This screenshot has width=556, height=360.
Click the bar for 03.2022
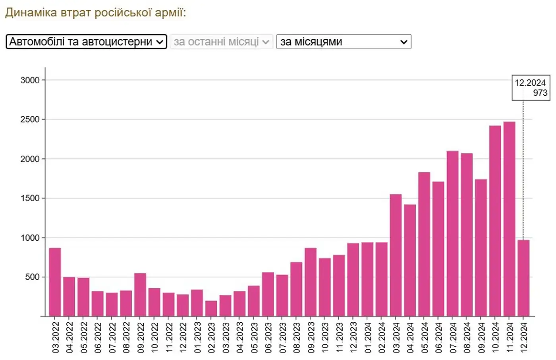pyautogui.click(x=55, y=282)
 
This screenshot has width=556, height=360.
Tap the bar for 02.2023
pyautogui.click(x=211, y=308)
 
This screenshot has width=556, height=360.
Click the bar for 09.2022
pyautogui.click(x=140, y=295)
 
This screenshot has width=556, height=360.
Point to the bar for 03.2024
pyautogui.click(x=396, y=255)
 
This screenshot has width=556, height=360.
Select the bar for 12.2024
pyautogui.click(x=523, y=278)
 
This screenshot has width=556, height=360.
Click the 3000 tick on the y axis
pyautogui.click(x=30, y=80)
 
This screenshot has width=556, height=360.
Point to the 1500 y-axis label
pyautogui.click(x=30, y=198)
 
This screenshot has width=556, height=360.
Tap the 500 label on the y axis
pyautogui.click(x=32, y=277)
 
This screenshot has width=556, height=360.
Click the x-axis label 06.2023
pyautogui.click(x=268, y=337)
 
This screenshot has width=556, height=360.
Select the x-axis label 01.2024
pyautogui.click(x=368, y=337)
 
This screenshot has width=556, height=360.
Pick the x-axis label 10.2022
pyautogui.click(x=155, y=337)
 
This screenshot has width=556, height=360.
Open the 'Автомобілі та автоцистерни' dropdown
pyautogui.click(x=86, y=42)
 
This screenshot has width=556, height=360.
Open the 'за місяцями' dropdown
pyautogui.click(x=344, y=42)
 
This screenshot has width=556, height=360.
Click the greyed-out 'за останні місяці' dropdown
pyautogui.click(x=221, y=42)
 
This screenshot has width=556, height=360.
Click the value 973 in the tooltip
pyautogui.click(x=540, y=93)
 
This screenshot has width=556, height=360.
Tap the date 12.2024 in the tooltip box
pyautogui.click(x=530, y=83)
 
